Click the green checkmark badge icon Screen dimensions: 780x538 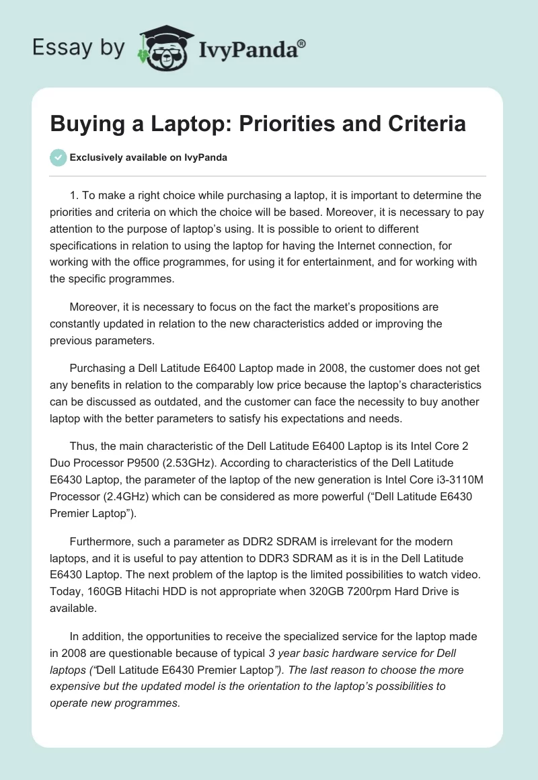click(x=58, y=157)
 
